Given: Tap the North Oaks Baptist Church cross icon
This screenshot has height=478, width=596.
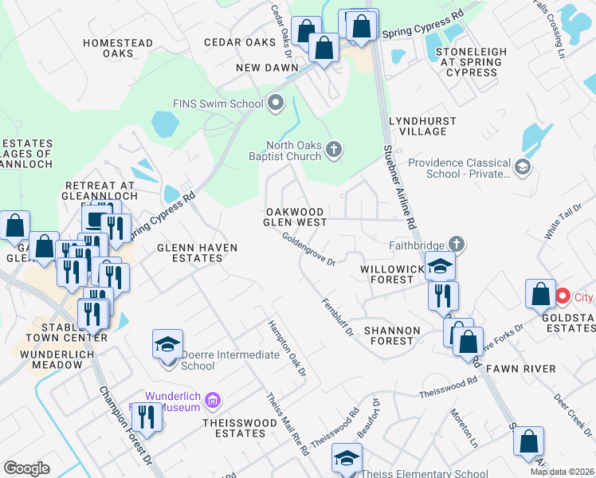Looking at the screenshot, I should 335,149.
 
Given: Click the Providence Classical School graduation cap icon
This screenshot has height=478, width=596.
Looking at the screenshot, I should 522,167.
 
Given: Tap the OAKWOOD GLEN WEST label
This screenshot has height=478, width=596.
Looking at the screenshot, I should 295,217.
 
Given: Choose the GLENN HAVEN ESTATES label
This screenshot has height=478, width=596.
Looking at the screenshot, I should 198,253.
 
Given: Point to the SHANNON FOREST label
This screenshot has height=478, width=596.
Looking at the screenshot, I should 389,335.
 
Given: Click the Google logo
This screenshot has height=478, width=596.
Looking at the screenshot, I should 27,468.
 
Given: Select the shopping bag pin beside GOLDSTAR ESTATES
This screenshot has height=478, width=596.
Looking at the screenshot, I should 540,294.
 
